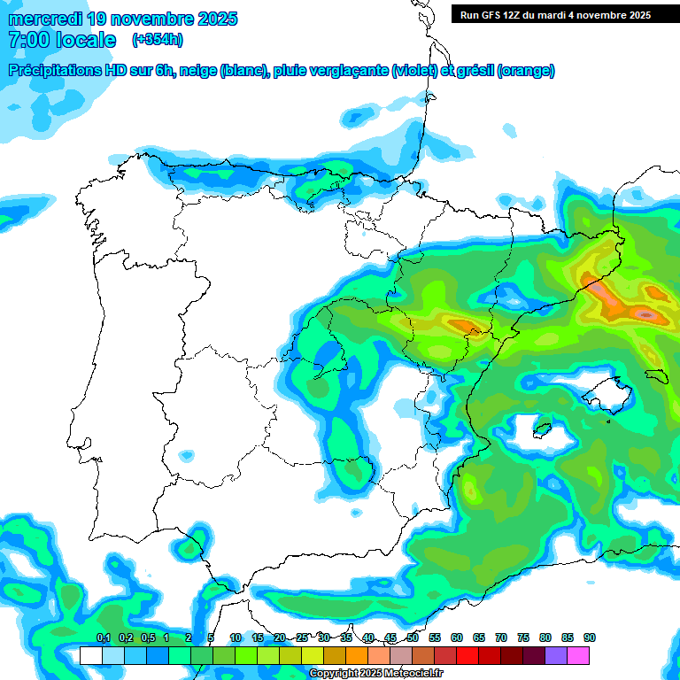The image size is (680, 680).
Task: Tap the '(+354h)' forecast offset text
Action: click(158, 40)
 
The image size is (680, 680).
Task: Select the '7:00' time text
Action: click(28, 40)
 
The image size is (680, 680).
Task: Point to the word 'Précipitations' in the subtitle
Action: click(55, 71)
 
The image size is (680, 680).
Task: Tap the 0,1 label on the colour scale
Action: click(103, 637)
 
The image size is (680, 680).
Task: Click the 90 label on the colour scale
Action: click(590, 637)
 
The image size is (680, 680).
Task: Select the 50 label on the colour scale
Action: click(413, 637)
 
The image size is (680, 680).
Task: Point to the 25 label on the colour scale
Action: click(302, 637)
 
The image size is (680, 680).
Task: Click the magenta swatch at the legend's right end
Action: click(578, 655)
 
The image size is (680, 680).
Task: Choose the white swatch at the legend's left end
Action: click(90, 655)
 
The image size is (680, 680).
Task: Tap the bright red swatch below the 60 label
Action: click(467, 655)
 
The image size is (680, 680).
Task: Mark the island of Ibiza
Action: click(542, 431)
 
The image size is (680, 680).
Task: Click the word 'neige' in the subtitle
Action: click(197, 71)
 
